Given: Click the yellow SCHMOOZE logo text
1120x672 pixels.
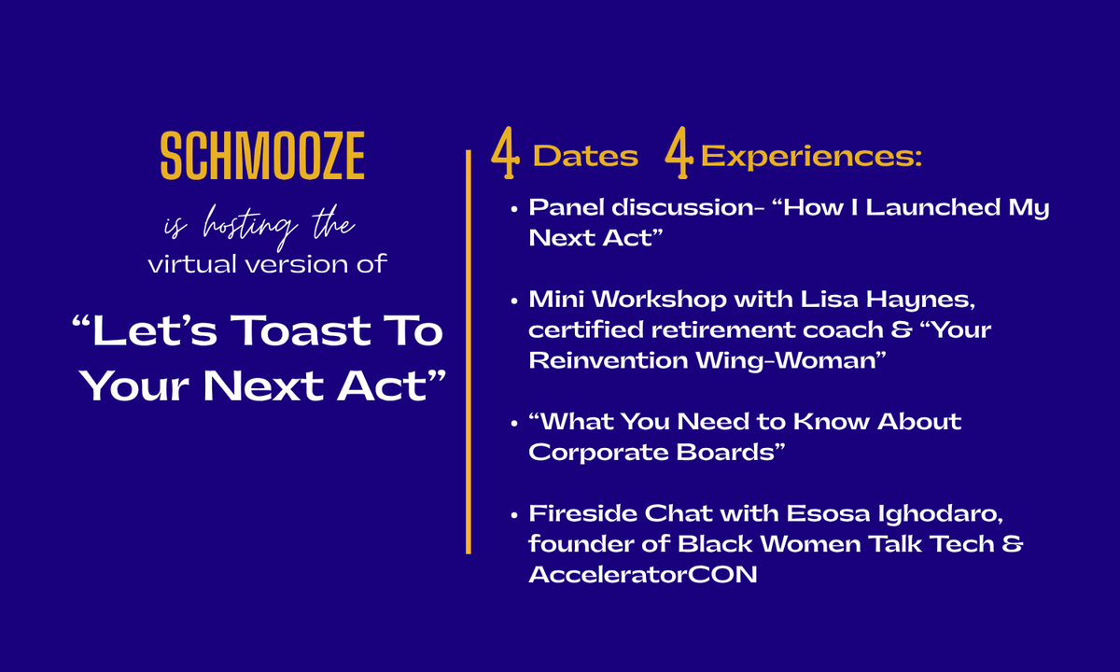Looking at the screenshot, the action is tap(262, 155).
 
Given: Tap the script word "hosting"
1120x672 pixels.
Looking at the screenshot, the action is tap(250, 227).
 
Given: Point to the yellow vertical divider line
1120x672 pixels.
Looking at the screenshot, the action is tap(469, 352).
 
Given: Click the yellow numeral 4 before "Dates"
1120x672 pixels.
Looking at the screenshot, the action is tap(505, 152).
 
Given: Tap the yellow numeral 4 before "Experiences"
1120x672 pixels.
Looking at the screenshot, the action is tap(679, 152).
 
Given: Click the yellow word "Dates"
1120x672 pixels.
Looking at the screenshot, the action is tap(585, 156).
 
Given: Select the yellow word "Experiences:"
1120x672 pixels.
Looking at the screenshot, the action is tap(811, 158).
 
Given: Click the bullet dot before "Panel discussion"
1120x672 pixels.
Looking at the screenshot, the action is tap(514, 209).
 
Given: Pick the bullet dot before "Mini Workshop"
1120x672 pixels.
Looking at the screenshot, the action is tap(514, 301).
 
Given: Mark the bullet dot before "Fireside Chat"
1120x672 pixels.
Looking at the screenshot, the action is tap(514, 515).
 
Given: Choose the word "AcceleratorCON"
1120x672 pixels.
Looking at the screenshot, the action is tap(643, 575).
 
